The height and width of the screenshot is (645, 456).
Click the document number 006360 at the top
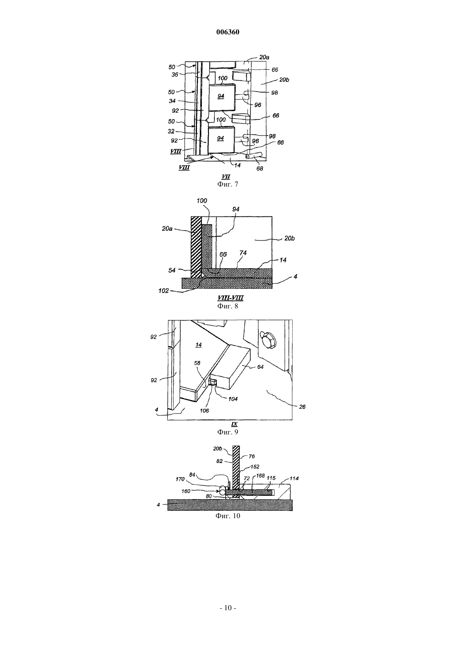(x=228, y=32)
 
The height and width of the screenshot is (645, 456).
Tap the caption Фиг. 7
(x=228, y=184)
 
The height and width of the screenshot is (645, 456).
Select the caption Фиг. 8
(x=228, y=306)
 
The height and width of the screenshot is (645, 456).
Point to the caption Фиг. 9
(x=228, y=432)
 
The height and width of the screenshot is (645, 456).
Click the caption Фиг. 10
(x=228, y=516)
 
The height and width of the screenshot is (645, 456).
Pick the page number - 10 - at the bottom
(x=228, y=608)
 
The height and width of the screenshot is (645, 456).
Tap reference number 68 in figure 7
(x=260, y=168)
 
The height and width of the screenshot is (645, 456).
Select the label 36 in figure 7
(x=175, y=75)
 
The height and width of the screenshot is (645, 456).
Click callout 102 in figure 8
(x=163, y=291)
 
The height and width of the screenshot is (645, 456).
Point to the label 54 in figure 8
(x=172, y=270)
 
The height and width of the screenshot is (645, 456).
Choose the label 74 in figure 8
(x=243, y=253)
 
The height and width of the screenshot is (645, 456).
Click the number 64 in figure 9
(x=260, y=367)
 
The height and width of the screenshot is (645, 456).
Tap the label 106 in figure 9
(x=204, y=411)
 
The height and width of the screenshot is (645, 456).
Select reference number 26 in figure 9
(x=302, y=407)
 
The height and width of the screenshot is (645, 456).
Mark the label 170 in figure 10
(x=180, y=479)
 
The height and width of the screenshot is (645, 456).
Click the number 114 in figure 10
(x=294, y=478)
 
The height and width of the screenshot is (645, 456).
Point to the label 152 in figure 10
(x=255, y=466)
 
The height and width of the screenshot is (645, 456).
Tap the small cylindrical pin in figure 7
(x=254, y=155)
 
